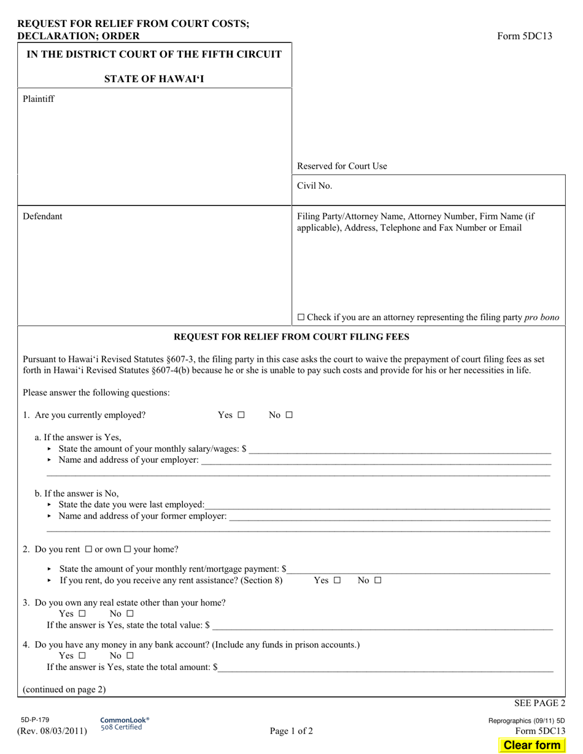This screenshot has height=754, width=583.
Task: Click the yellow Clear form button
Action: pyautogui.click(x=531, y=745)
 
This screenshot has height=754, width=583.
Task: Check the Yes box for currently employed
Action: pyautogui.click(x=241, y=415)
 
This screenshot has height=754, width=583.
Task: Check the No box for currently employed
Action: pyautogui.click(x=289, y=415)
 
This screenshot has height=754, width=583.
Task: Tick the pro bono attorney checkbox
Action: pyautogui.click(x=301, y=317)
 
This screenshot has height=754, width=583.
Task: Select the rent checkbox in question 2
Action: pyautogui.click(x=88, y=549)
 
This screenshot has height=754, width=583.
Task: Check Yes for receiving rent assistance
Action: pyautogui.click(x=337, y=580)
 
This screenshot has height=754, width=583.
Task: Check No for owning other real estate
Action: pyautogui.click(x=129, y=614)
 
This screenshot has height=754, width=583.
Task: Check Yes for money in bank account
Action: pyautogui.click(x=82, y=655)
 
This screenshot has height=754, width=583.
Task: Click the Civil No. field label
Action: pyautogui.click(x=315, y=186)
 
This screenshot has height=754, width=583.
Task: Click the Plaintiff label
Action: pyautogui.click(x=39, y=99)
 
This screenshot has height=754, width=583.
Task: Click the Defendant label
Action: pyautogui.click(x=42, y=216)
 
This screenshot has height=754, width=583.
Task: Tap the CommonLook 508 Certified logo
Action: pyautogui.click(x=125, y=723)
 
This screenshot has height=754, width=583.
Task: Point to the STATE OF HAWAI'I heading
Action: pyautogui.click(x=154, y=78)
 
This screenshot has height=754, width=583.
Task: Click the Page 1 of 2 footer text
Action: pyautogui.click(x=291, y=730)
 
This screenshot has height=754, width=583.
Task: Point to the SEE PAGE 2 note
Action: pyautogui.click(x=539, y=703)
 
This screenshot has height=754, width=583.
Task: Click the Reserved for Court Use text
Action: pyautogui.click(x=342, y=166)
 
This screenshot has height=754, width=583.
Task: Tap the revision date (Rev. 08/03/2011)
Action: pyautogui.click(x=52, y=730)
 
